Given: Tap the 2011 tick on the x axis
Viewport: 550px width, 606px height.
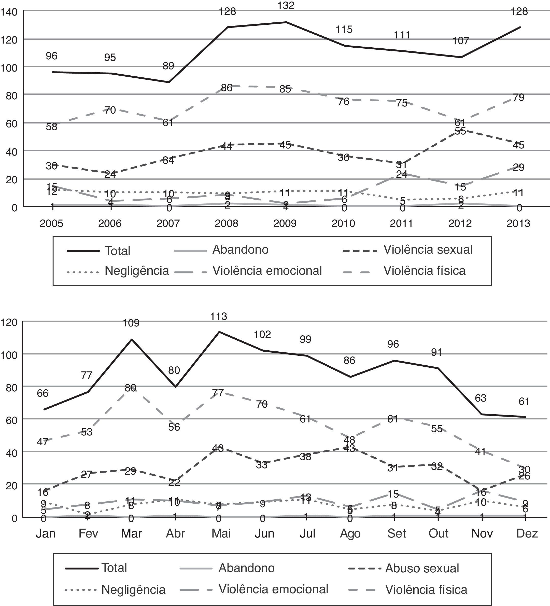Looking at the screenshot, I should pos(401,224).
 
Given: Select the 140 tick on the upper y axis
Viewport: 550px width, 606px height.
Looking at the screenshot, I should pos(9,12).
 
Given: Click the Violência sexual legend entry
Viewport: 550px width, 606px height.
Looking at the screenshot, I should pos(428,250).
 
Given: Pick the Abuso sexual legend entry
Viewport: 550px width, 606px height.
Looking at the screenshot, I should pos(422,568).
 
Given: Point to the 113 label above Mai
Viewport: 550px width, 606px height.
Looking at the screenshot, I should pos(218,316).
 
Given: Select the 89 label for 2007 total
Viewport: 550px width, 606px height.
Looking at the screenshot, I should pos(168,65).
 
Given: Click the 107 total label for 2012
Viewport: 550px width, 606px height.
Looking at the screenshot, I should pos(461,40).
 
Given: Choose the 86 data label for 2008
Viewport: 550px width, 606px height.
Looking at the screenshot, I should pos(227,88).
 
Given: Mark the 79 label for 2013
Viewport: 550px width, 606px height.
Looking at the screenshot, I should pos(518,97).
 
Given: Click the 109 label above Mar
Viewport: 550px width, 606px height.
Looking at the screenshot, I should pos(131,323).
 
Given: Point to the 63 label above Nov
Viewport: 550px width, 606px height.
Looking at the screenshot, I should pos(480,398).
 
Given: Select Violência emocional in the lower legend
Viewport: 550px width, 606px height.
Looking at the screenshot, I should pos(273,589).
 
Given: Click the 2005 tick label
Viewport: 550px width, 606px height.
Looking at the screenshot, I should pos(51,224).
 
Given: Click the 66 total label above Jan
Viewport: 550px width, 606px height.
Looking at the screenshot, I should pos(43,393).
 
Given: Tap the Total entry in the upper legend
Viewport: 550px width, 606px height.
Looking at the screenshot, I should pos(117,251).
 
